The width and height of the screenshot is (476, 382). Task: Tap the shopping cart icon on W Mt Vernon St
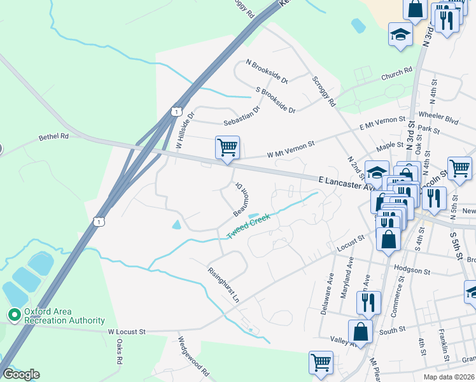[x=227, y=147]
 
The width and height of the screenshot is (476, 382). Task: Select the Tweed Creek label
[x=249, y=227]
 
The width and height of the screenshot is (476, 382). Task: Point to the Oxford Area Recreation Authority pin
[x=13, y=315]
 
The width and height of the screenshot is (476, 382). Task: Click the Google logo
[x=20, y=374]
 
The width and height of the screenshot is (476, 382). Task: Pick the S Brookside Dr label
[x=276, y=101]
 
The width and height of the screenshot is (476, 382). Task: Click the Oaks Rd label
[x=120, y=351]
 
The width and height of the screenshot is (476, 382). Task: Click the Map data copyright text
[x=448, y=376]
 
